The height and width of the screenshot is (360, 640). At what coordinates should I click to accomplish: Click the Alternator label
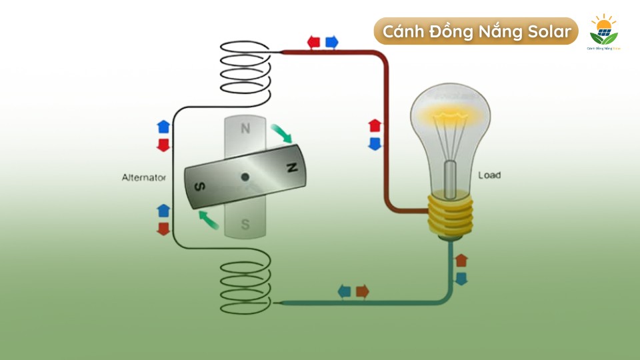coord(143,177)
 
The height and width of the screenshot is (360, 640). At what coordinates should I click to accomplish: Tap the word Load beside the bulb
coord(489,175)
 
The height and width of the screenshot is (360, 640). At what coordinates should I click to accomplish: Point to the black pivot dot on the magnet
coord(245,177)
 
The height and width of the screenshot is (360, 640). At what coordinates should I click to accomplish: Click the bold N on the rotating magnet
coord(291,167)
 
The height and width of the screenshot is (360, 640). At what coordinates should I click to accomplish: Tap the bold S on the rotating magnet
coord(199,187)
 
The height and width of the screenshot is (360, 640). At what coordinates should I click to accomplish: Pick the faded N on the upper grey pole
coord(245,129)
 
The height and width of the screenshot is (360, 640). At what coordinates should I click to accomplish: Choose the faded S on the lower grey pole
coord(245,225)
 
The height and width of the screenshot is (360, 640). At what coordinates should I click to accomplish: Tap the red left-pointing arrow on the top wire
coord(313,43)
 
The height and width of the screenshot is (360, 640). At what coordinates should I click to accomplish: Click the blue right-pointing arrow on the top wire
coord(331,43)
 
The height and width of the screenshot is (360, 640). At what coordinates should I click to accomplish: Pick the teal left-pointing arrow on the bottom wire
coord(344,291)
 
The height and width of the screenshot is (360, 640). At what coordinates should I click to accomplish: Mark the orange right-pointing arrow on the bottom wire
coord(362,291)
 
